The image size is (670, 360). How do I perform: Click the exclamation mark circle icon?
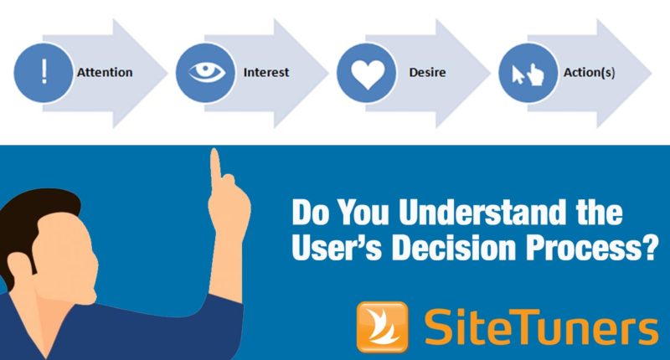44,72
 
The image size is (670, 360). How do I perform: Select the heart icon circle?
366,72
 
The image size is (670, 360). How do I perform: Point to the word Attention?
105,72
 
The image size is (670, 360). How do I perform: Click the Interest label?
265,72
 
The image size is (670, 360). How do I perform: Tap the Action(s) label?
591,72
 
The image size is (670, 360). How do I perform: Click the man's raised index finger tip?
215,155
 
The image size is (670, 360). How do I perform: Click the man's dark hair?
33,209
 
